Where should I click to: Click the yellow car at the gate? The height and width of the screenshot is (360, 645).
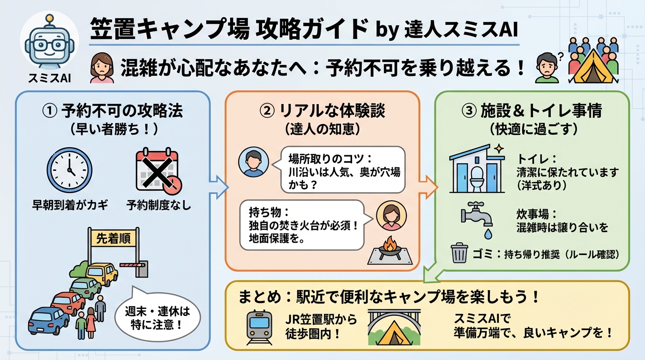tap(102, 273)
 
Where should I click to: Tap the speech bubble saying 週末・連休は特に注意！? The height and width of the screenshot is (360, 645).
tap(157, 318)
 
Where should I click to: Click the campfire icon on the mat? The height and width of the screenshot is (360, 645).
tap(389, 246)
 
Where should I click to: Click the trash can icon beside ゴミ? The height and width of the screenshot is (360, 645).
tap(459, 253)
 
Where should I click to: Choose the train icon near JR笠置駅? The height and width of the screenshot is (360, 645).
tap(259, 326)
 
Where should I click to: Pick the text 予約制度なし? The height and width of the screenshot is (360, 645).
tap(159, 205)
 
